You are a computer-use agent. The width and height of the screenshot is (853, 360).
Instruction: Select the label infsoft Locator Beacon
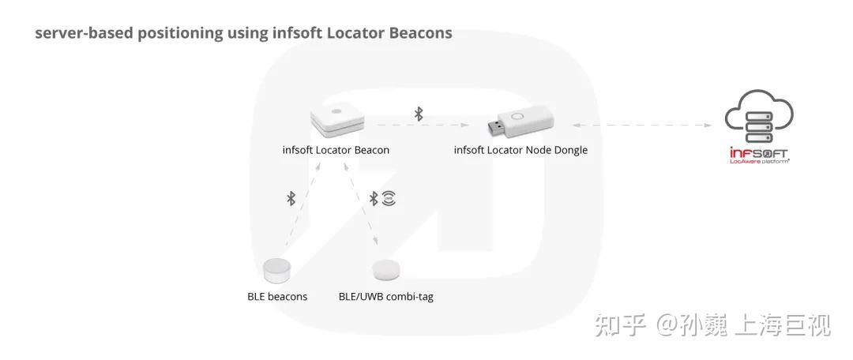click(336, 150)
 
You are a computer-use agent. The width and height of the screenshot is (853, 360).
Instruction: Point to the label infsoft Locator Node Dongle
click(520, 150)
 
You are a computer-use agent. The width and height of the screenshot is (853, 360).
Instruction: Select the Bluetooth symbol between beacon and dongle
click(419, 114)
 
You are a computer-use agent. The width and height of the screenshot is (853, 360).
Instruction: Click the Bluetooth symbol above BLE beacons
click(291, 198)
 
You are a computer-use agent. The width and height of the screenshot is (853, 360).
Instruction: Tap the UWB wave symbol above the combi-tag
click(388, 198)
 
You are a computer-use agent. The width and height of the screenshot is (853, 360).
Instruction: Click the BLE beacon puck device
click(276, 270)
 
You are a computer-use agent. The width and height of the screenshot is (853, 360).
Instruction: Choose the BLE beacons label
click(276, 297)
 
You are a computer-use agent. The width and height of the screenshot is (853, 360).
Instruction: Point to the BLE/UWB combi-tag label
click(385, 297)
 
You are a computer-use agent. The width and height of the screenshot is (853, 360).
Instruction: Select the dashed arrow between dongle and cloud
click(640, 124)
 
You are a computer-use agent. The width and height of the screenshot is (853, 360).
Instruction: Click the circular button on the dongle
click(520, 116)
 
